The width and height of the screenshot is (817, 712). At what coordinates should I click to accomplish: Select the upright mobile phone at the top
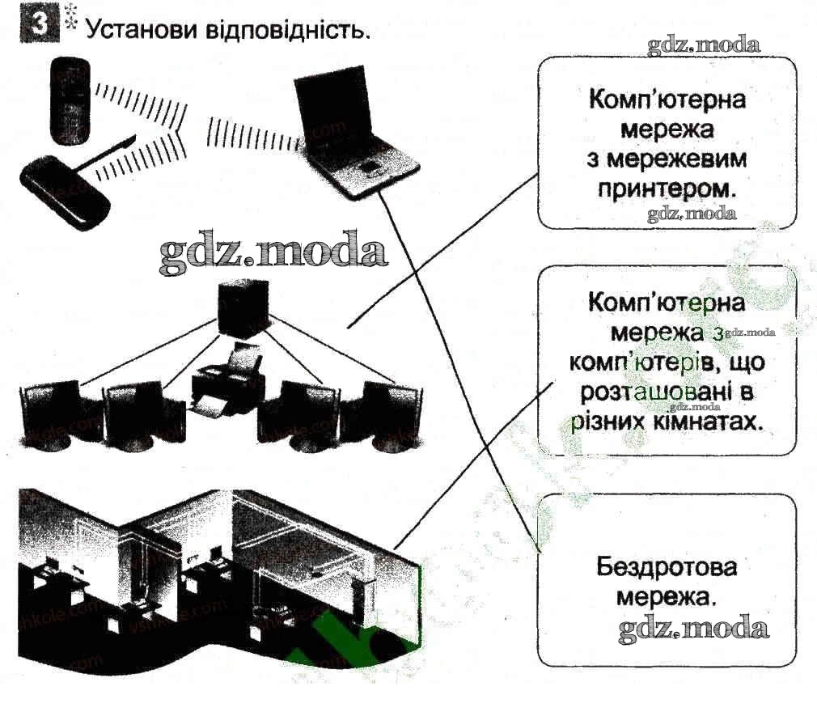tap(71, 99)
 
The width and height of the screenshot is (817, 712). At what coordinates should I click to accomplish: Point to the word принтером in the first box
tap(667, 189)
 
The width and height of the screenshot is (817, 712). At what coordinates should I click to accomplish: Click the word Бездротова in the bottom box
tap(667, 567)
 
